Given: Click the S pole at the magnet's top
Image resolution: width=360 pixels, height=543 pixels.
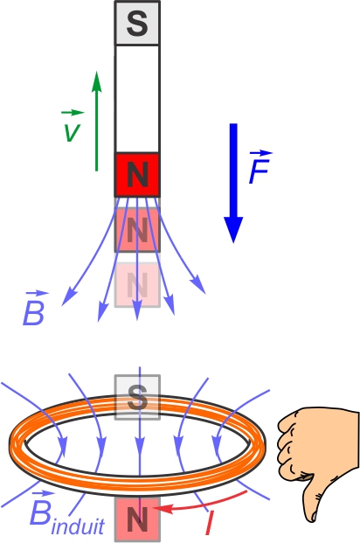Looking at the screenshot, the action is [x=137, y=23].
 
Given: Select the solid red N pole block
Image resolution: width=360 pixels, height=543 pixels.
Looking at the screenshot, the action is [x=137, y=175].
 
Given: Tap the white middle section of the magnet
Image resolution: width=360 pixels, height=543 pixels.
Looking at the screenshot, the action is [x=137, y=99].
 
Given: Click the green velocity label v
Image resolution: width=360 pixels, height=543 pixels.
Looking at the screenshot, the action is [x=73, y=131].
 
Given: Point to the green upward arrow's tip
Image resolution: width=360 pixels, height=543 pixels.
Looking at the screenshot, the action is [x=97, y=72].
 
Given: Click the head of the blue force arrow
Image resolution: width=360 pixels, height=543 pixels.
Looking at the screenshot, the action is [x=233, y=230].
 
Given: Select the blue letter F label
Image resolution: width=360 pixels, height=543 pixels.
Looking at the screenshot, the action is [x=259, y=171].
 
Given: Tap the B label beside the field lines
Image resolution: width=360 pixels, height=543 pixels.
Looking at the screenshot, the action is [x=33, y=313].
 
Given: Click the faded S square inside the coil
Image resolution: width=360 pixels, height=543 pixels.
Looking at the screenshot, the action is [x=137, y=397].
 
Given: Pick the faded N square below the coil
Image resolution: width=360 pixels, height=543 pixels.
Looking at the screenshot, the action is [x=137, y=519].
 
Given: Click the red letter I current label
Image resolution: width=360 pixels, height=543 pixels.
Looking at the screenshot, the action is [x=209, y=523].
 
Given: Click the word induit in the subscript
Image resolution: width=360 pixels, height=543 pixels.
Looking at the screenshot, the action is [x=78, y=526].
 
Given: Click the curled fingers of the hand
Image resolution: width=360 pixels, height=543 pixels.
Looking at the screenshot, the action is [x=289, y=447].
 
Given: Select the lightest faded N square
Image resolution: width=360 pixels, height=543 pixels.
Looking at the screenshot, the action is [x=137, y=285].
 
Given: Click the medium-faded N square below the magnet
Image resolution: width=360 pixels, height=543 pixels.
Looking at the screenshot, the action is [x=137, y=230].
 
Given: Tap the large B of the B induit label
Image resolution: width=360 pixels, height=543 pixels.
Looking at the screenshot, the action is [x=40, y=512].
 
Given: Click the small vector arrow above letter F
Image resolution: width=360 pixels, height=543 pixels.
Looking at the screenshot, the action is [x=261, y=153].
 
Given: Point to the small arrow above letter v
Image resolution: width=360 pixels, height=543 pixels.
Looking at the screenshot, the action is [x=73, y=113].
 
